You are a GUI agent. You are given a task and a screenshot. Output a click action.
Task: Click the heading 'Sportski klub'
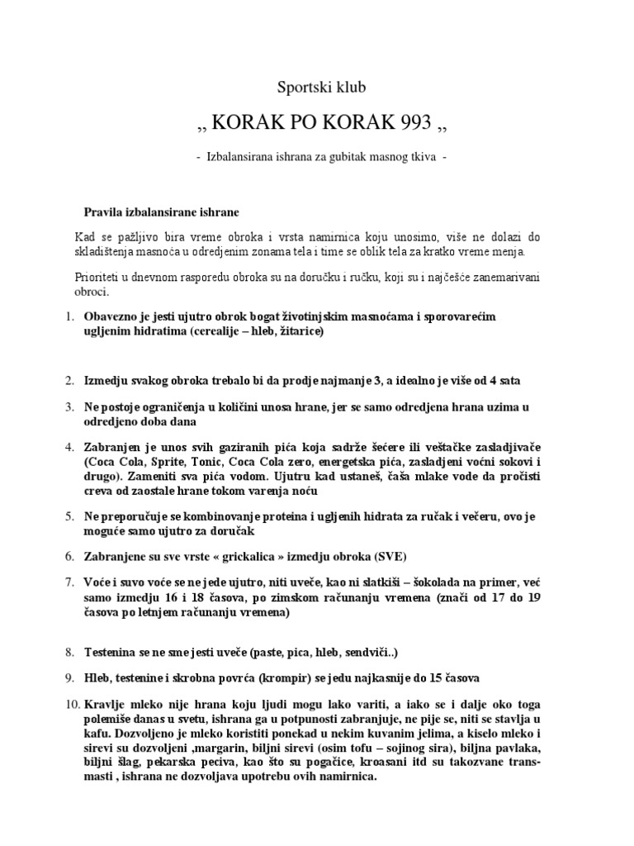317,87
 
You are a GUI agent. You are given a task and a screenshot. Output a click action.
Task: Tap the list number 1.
69,316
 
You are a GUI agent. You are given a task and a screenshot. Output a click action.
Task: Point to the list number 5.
69,516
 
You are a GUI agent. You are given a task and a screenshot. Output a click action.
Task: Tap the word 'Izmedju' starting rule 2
107,381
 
